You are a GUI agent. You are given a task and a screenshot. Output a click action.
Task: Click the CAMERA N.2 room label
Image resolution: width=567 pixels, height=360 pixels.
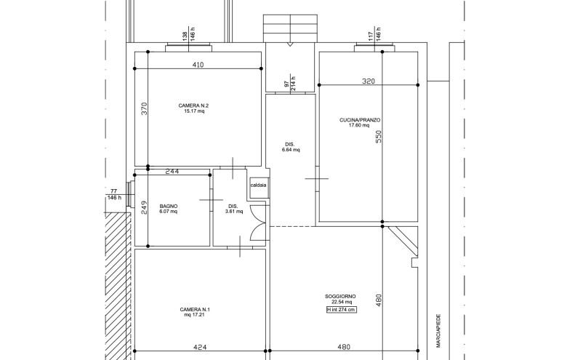(x=194, y=105)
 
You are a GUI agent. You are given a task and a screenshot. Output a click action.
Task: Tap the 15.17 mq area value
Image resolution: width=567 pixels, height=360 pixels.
(x=194, y=112)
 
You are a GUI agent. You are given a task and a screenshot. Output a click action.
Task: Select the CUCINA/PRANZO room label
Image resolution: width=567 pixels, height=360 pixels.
(x=360, y=119)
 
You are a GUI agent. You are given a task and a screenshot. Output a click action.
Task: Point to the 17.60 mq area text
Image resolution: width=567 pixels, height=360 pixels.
(x=360, y=125)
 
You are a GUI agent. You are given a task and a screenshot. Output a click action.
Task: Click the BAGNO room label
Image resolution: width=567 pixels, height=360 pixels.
(x=169, y=207)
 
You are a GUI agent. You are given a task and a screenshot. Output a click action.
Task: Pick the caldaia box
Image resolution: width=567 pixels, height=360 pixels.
(x=258, y=185)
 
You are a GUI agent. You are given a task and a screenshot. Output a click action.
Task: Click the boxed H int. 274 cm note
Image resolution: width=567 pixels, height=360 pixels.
(x=341, y=310)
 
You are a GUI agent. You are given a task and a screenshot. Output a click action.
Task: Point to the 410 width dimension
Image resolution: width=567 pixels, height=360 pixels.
(x=198, y=65)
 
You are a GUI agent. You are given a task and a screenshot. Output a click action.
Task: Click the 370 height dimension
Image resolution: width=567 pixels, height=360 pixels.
(x=144, y=108)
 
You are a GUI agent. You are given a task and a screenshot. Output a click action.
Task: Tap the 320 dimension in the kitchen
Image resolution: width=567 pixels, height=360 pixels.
(x=368, y=81)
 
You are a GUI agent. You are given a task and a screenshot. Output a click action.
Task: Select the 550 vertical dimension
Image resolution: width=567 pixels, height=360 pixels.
(x=378, y=137)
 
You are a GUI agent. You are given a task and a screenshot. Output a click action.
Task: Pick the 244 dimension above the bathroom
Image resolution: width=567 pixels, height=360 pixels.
(x=172, y=172)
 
